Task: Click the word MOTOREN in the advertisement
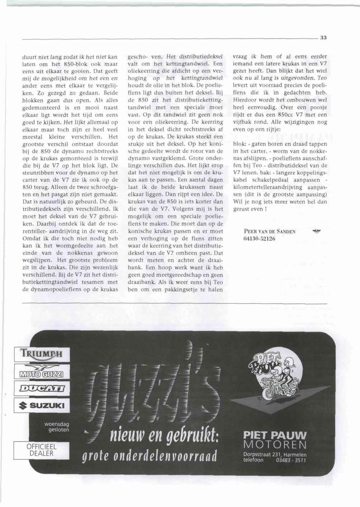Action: click(275, 445)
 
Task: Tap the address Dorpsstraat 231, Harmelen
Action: click(275, 455)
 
